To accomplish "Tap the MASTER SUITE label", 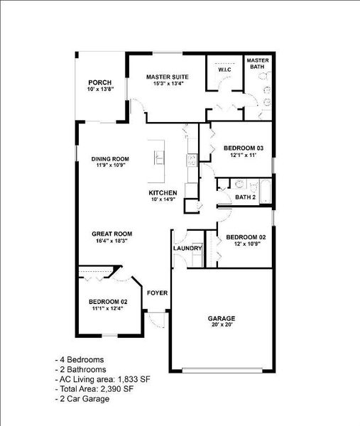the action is point(168,77).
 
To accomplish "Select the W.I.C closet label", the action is point(224,70).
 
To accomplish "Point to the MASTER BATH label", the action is point(258,63).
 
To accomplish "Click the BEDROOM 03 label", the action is point(244,148).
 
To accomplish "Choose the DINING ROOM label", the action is point(110,159).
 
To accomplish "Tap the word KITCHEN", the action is point(163,193).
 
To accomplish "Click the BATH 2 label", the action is point(246,197).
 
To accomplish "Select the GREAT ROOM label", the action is point(112,234).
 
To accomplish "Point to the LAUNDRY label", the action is point(187,248).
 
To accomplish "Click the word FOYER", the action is point(158,293).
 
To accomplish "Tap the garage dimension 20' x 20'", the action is point(222,324).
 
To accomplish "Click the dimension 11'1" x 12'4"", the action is point(108,308).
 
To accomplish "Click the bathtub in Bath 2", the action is point(266,191).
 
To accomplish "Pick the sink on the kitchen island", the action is point(159,158).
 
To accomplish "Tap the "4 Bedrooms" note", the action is point(80,360).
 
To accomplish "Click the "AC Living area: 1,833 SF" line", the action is point(103,379).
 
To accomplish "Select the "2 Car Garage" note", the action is point(82,399).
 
